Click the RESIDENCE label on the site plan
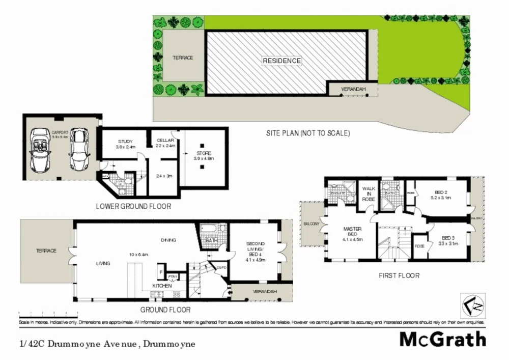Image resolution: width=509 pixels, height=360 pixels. pos(281,61)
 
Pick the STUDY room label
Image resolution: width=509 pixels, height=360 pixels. pos(125,141)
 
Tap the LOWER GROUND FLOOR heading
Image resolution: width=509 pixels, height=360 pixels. pos(133,207)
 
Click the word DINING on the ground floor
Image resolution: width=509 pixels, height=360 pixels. pos(168,240)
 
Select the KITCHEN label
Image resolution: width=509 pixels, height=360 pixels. pos(162,286)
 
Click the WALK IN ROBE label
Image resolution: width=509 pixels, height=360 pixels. pos(369,193)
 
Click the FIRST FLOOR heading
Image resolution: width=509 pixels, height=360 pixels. pos(399,275)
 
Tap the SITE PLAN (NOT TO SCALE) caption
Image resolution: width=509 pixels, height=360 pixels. pos(308,133)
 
